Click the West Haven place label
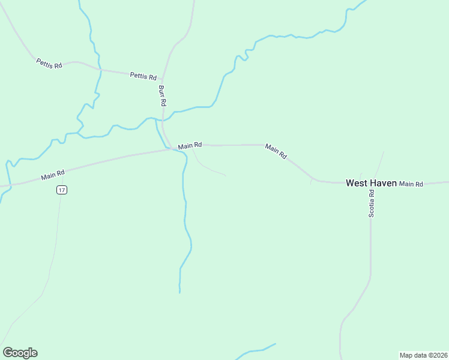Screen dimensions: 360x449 coord(371,183)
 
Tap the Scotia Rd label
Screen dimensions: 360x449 coord(372,203)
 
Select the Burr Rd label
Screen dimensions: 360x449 coord(161,95)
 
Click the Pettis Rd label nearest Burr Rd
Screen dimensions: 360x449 coord(143,76)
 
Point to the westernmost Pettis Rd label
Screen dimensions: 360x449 coord(49,62)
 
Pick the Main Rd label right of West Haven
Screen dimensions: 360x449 coord(411,184)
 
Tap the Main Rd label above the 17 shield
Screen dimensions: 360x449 coord(53,175)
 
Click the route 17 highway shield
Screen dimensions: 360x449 coord(62,190)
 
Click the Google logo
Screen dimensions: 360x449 coord(20,353)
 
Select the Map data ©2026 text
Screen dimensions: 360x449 coord(423,355)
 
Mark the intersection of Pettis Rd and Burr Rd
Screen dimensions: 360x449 coord(163,79)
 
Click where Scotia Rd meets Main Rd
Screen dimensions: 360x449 coord(372,182)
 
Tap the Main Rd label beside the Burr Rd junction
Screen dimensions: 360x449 coord(190,145)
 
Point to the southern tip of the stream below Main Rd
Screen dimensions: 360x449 coord(179,292)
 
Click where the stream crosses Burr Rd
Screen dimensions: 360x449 coord(163,120)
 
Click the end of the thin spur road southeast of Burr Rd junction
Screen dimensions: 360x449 coord(225,175)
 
